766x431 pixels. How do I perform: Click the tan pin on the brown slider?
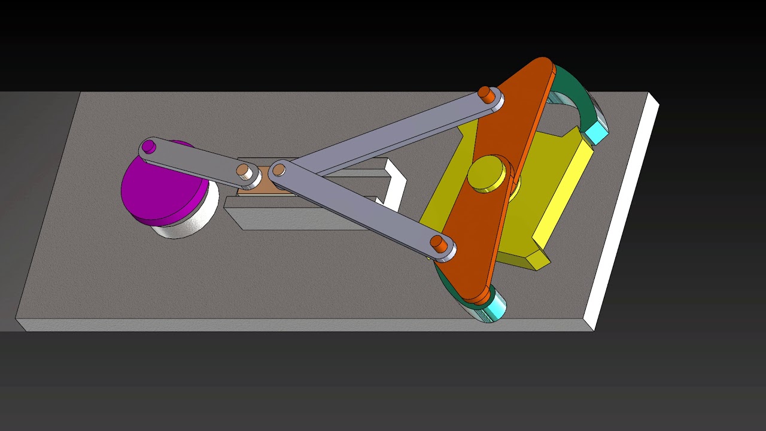[x=244, y=171]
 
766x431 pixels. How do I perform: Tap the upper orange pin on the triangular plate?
[x=488, y=95]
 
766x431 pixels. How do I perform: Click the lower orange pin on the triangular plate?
[x=439, y=244]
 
